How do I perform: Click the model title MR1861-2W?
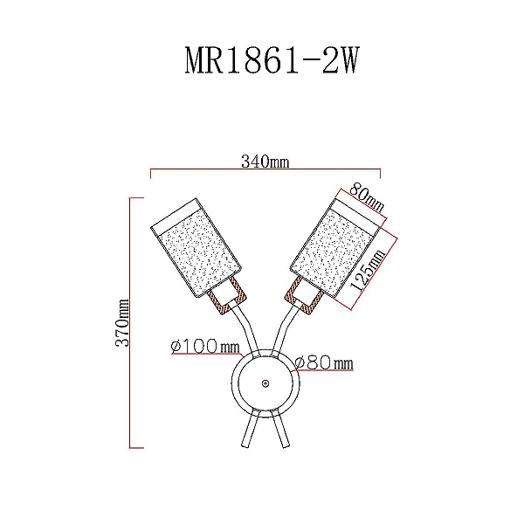click(x=272, y=60)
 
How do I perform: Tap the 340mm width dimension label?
click(x=265, y=162)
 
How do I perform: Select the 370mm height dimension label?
click(x=122, y=322)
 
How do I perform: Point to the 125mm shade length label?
click(x=368, y=271)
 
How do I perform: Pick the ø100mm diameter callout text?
click(x=205, y=346)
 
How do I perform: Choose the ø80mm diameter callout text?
click(x=324, y=363)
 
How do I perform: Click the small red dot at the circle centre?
click(x=265, y=383)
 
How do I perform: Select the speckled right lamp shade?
click(x=335, y=248)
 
